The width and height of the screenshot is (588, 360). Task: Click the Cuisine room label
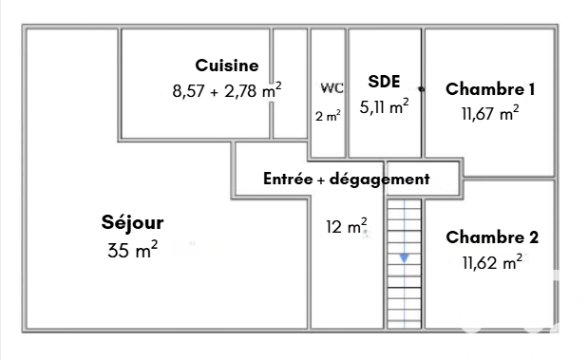227,66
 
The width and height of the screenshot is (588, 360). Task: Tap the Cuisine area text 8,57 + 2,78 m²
227,90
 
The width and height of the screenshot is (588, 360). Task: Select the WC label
332,88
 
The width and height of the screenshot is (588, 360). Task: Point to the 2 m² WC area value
328,116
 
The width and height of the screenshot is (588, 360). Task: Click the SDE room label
384,82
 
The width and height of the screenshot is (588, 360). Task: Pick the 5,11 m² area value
384,107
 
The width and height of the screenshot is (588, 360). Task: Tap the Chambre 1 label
490,89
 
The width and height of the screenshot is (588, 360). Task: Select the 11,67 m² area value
490,113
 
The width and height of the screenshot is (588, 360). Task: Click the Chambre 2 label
492,237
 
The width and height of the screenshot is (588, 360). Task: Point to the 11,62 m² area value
492,262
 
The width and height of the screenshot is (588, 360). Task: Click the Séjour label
132,223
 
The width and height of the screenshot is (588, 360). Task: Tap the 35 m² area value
132,250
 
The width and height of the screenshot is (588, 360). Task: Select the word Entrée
288,179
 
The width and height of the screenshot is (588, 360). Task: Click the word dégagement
380,180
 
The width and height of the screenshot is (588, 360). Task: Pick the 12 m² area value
346,226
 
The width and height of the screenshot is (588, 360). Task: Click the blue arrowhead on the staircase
405,258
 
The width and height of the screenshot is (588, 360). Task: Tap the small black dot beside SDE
422,89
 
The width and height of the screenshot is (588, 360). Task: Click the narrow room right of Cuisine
290,84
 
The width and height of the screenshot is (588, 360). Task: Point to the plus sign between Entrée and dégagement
321,180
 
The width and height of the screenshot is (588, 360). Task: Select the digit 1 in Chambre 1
531,89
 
